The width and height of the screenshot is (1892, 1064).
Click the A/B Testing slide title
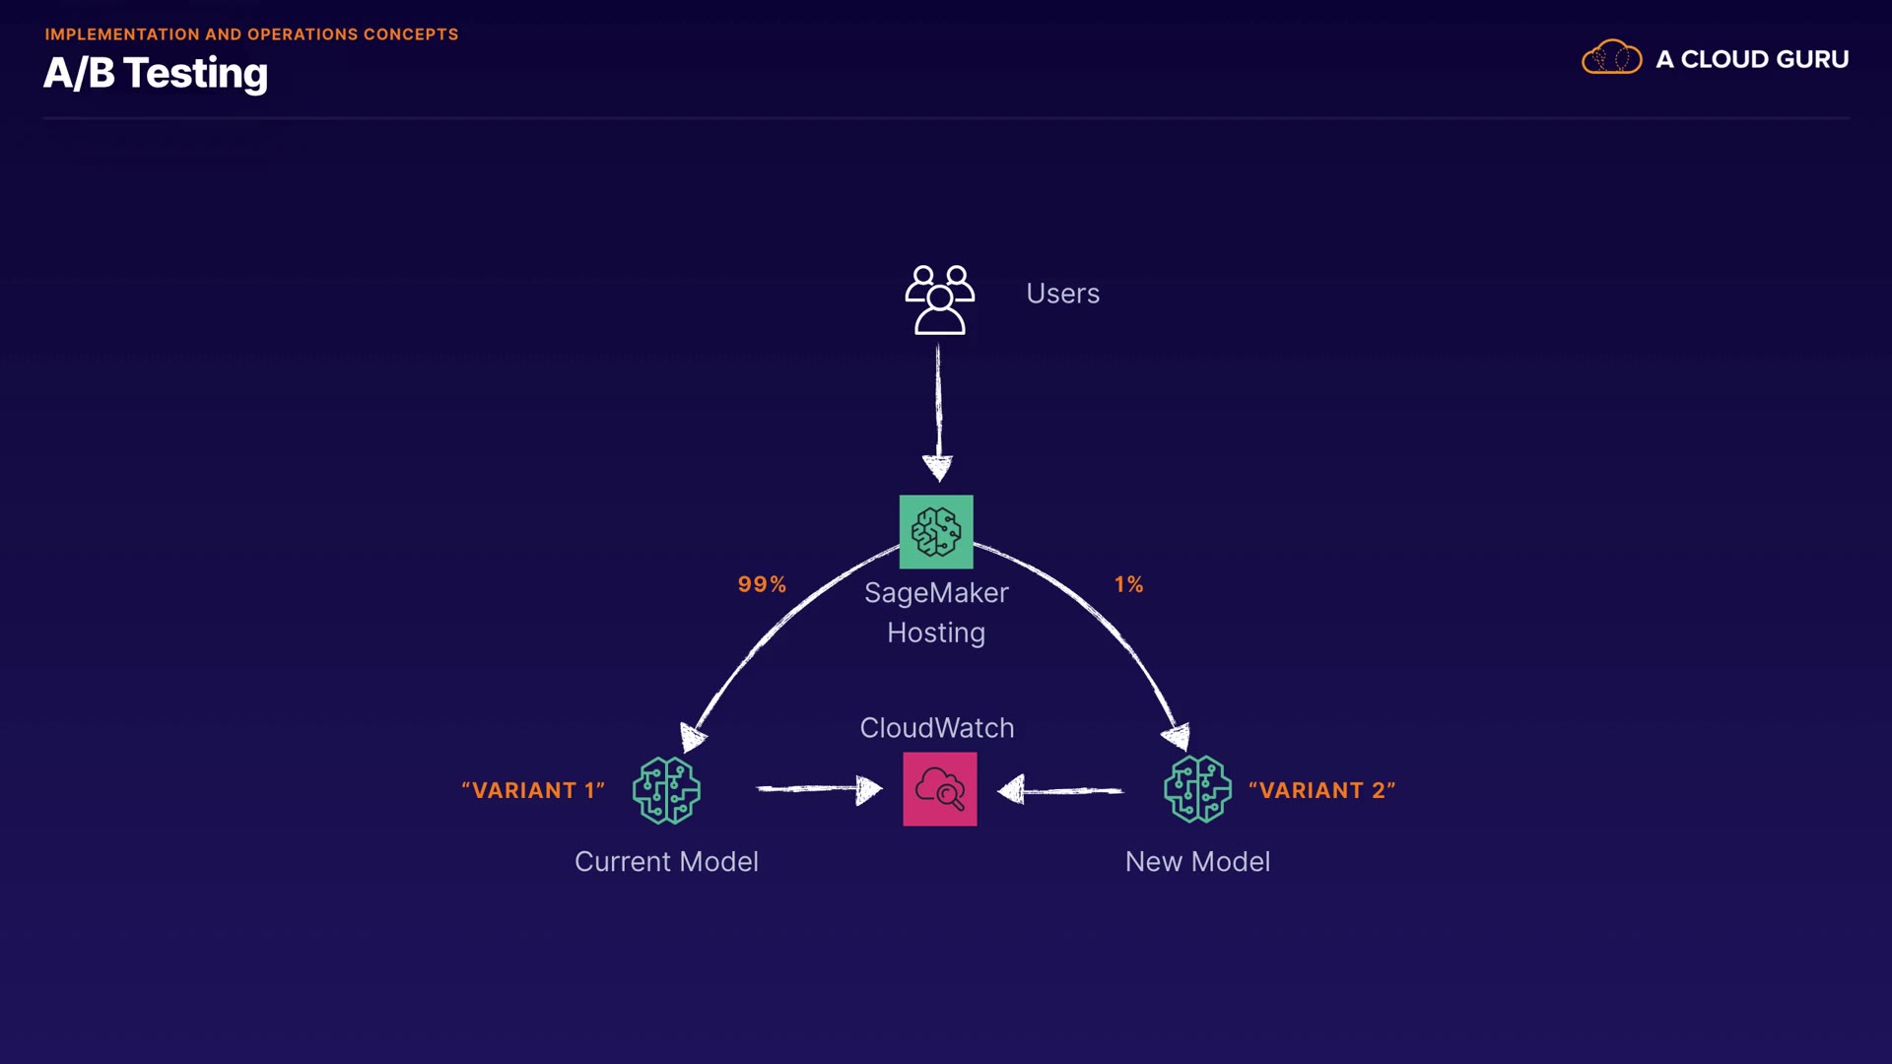[x=156, y=74]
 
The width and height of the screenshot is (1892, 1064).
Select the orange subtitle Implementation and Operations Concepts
[x=251, y=34]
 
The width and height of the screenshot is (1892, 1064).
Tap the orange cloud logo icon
[x=1611, y=58]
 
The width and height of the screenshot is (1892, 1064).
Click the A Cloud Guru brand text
[x=1751, y=59]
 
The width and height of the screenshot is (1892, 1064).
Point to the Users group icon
[x=939, y=299]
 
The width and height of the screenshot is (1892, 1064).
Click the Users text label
[x=1062, y=294]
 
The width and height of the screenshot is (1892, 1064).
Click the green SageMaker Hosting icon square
[x=936, y=532]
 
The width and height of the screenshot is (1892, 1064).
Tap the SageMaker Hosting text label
[x=936, y=612]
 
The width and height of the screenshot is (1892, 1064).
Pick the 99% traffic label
[x=762, y=584]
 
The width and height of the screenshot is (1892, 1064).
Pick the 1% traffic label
[x=1128, y=584]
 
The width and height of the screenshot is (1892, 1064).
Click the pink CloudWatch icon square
[x=940, y=789]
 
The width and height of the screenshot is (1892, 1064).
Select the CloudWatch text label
[x=937, y=728]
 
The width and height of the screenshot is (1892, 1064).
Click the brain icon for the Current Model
[x=667, y=790]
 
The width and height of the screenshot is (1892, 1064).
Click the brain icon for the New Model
[x=1197, y=789]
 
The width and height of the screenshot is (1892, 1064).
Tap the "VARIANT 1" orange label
[x=533, y=790]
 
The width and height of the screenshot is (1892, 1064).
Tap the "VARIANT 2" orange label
[x=1321, y=790]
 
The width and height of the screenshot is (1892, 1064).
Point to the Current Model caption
[x=666, y=862]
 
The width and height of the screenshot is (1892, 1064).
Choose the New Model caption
[x=1197, y=862]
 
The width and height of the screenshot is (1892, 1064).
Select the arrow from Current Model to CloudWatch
[x=818, y=789]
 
